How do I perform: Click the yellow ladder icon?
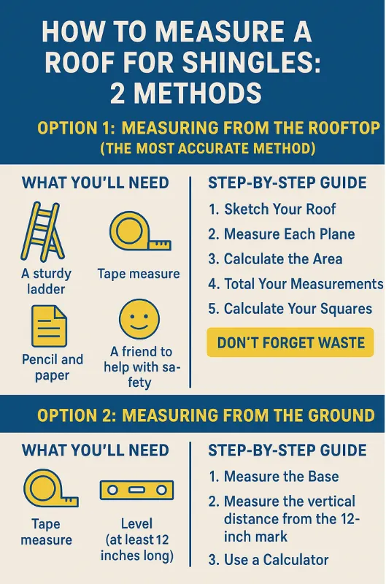[x=43, y=231]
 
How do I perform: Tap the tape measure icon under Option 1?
[x=140, y=232]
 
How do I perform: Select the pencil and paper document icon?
[x=49, y=326]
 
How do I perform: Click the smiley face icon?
[x=139, y=319]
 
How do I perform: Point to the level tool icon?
[x=136, y=490]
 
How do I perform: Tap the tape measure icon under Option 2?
[x=50, y=488]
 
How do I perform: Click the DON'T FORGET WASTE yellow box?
[x=290, y=342]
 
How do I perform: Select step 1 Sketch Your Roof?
[x=272, y=209]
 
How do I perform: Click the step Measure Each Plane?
[x=282, y=234]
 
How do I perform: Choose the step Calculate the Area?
[x=275, y=259]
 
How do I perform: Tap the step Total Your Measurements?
[x=296, y=284]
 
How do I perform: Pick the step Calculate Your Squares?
[x=290, y=309]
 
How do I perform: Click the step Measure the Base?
[x=274, y=477]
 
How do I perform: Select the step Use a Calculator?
[x=269, y=560]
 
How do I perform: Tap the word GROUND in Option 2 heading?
[x=333, y=415]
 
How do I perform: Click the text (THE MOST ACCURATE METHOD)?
[x=208, y=149]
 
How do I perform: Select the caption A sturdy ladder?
[x=46, y=281]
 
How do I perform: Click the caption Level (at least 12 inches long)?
[x=137, y=539]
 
